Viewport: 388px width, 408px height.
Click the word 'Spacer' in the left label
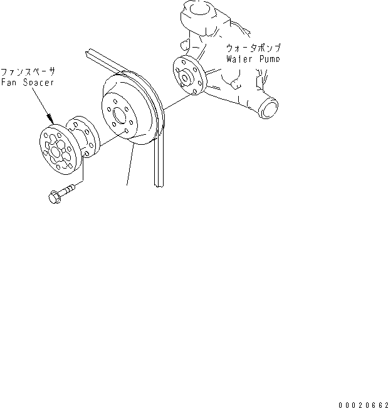point(36,82)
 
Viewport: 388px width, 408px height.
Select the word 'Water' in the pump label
point(238,60)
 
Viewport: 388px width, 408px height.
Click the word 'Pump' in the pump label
point(268,60)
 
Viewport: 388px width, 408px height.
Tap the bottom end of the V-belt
point(158,182)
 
